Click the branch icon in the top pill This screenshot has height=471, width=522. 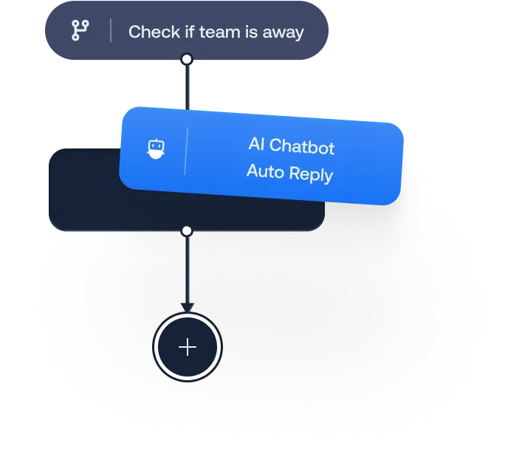(79, 30)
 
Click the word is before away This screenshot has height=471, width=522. (248, 32)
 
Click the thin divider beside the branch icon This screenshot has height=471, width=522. (111, 31)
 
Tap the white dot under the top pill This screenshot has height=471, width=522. (187, 58)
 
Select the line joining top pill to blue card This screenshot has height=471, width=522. (187, 85)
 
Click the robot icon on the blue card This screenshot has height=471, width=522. (154, 149)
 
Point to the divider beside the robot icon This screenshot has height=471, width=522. (185, 151)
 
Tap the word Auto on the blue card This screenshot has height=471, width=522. (264, 171)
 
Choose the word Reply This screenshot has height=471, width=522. (310, 175)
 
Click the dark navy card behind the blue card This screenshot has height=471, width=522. (81, 192)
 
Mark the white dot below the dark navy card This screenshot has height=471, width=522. (187, 231)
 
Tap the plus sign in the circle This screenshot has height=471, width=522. (188, 347)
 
